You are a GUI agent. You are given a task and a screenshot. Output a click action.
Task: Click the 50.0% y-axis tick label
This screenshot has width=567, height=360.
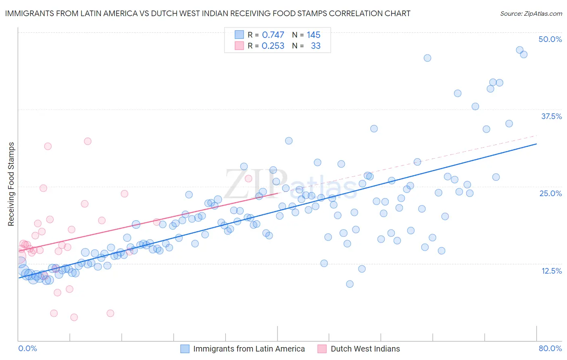550,39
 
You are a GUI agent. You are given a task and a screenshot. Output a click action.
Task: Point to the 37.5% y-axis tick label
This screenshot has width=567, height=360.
551,116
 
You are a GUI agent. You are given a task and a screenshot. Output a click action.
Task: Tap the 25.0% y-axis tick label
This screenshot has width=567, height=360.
550,193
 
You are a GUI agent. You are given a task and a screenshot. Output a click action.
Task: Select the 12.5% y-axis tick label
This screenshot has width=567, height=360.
551,271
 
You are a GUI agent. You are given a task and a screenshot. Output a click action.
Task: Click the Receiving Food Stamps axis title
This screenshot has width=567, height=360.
11,184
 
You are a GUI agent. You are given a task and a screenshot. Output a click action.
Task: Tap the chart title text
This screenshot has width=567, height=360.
208,13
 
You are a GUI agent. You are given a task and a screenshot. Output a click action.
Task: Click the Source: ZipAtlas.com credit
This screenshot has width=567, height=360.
531,14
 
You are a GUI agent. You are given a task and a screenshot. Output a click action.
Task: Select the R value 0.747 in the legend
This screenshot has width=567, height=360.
273,35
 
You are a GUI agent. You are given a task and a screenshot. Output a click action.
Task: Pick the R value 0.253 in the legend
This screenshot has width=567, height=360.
273,46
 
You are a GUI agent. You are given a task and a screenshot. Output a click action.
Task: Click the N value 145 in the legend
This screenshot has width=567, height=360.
313,35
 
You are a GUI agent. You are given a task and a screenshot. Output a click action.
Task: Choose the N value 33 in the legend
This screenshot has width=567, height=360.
315,46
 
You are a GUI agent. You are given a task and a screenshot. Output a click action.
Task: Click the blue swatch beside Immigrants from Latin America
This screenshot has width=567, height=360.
185,349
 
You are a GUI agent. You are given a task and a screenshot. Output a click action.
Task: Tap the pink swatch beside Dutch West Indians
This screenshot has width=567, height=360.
322,349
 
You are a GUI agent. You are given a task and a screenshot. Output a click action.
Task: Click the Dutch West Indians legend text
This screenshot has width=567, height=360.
365,349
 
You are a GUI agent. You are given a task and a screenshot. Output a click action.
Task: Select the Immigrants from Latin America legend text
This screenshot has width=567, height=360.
249,349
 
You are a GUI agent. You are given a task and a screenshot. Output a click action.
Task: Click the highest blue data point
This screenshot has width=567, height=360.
520,50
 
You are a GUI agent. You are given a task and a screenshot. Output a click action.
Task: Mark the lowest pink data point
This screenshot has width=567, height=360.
74,317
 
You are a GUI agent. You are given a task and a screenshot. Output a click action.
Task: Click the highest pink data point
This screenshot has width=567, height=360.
88,141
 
